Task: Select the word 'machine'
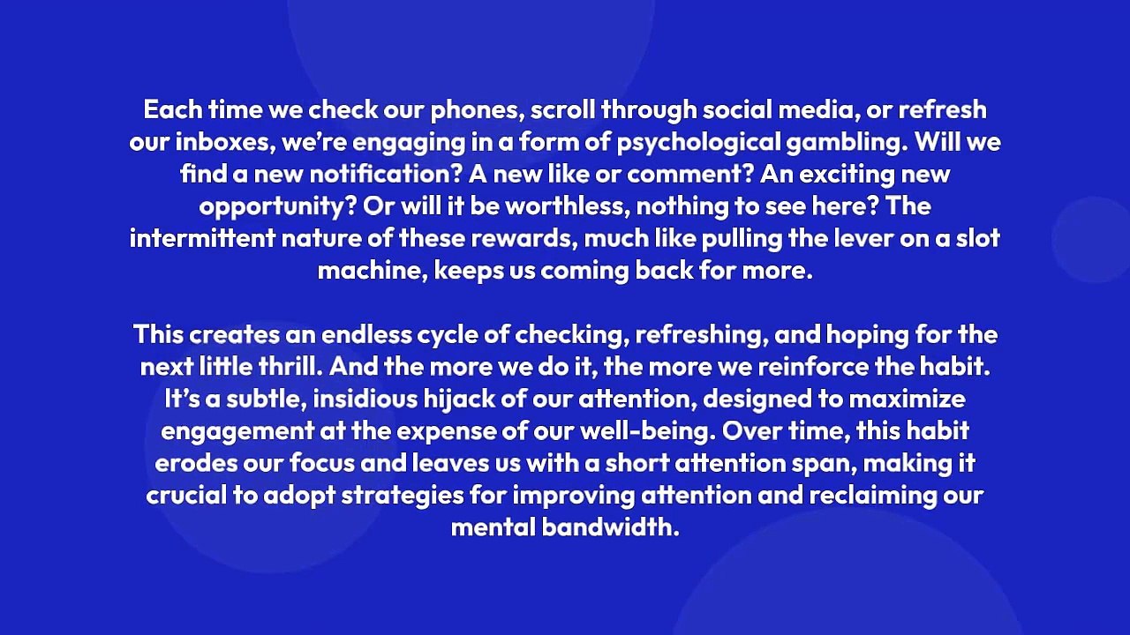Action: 370,270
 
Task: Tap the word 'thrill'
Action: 283,367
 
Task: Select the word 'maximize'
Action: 907,399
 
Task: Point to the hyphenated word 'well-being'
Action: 654,431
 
